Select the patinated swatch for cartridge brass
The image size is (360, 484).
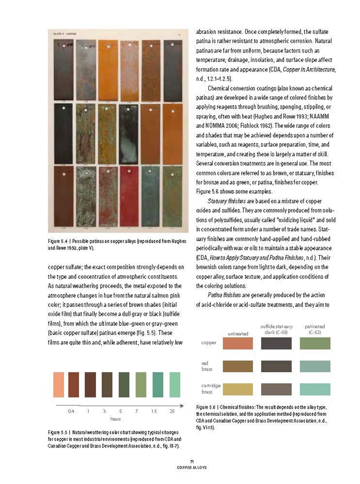pos(315,389)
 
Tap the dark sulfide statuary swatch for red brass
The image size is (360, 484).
pos(276,366)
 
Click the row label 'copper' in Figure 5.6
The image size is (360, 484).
pos(209,343)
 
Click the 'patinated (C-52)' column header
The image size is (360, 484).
pos(315,329)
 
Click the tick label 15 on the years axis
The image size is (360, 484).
pos(154,412)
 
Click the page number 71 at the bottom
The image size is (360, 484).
pos(192,461)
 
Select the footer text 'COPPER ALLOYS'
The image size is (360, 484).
pos(192,467)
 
